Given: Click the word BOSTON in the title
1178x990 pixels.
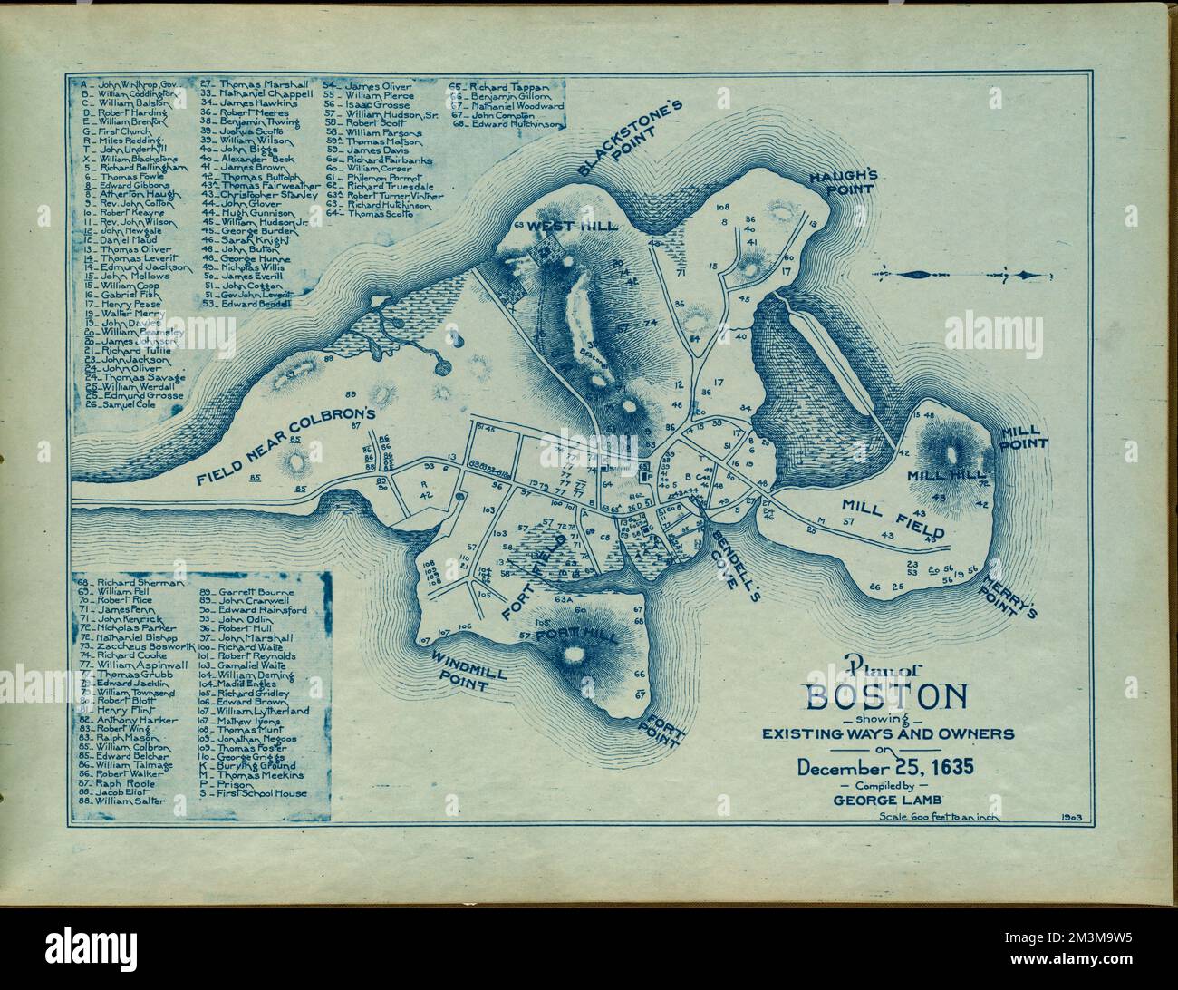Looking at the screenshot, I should (x=886, y=698).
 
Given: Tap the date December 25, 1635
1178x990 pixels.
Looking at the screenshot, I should (x=886, y=767).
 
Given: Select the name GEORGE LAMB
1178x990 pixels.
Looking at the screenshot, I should (x=886, y=799).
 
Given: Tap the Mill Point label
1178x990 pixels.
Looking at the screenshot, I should (x=1024, y=437).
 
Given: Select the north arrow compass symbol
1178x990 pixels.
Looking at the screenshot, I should (x=961, y=275).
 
